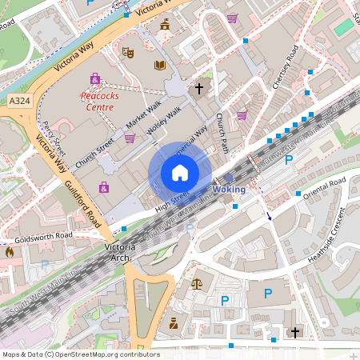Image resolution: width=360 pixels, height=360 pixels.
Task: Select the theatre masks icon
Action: coord(126,53)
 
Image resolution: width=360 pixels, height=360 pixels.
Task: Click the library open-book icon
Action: coord(159,66)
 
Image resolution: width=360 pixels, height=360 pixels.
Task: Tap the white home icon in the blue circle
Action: coord(180,173)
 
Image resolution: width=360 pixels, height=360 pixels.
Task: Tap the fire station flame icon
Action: coord(10,252)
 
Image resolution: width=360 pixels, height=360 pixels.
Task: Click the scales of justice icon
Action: coord(198,283)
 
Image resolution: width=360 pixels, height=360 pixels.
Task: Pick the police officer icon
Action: coord(173,323)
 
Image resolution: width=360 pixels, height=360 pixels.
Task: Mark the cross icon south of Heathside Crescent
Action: coord(294,331)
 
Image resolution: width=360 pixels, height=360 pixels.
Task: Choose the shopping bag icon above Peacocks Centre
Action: coord(95,78)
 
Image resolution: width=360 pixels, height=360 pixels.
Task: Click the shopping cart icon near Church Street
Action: coord(129,138)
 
